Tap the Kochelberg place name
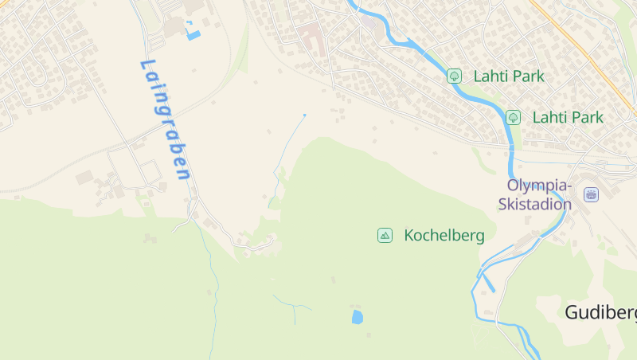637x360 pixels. click(444, 236)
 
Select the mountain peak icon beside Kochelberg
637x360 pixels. click(385, 235)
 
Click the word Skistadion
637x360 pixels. click(534, 204)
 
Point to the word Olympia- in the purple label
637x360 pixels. click(539, 186)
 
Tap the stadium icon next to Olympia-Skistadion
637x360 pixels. click(591, 194)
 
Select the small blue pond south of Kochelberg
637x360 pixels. click(357, 317)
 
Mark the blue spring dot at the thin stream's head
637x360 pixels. click(304, 115)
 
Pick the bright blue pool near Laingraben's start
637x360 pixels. click(193, 34)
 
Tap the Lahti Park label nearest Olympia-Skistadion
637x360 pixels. click(568, 117)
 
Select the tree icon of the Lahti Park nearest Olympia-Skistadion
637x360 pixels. click(514, 117)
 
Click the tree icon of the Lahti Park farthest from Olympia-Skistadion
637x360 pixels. click(454, 76)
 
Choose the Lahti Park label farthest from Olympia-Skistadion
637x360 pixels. click(509, 76)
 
